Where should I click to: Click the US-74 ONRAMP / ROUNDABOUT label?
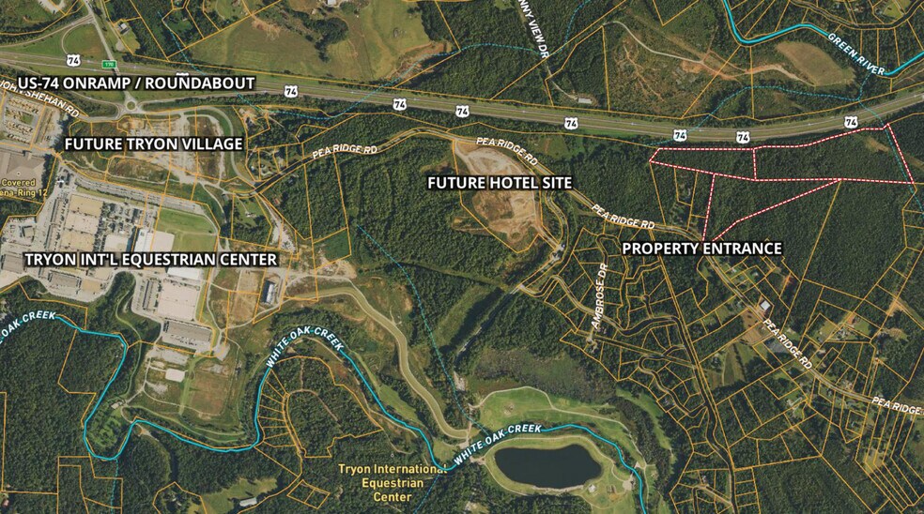136,83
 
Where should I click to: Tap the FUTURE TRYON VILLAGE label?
153,144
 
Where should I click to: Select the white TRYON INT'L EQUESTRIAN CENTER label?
150,259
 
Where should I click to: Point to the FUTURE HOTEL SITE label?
500,182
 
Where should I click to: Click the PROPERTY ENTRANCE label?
702,249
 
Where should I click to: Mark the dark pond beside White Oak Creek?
546,465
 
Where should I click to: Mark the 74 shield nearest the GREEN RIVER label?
851,122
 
